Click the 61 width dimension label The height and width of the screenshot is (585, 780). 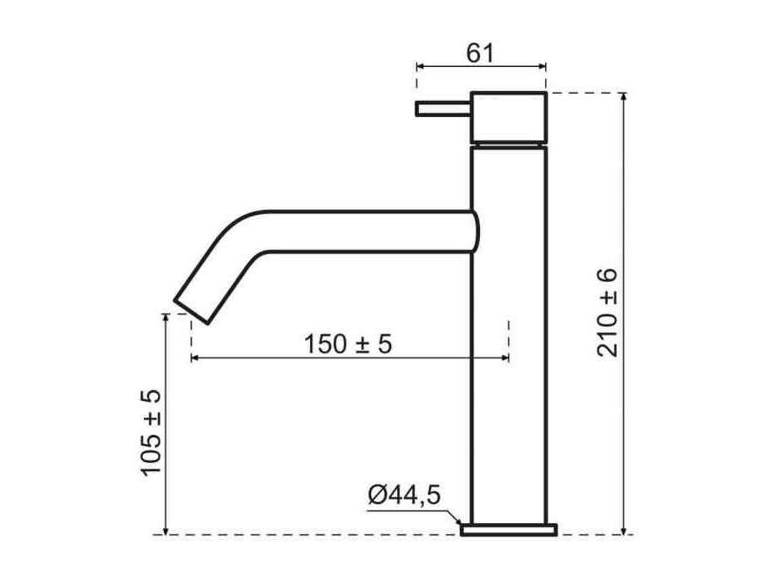[480, 53]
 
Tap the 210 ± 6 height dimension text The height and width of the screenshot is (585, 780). [607, 313]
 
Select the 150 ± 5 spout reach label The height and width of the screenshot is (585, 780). [348, 343]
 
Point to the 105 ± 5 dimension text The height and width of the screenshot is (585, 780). [150, 433]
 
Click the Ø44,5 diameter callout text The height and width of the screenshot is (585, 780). [405, 495]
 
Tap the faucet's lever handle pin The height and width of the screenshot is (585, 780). [443, 109]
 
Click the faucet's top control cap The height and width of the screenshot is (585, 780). [508, 116]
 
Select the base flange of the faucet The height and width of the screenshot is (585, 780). [508, 529]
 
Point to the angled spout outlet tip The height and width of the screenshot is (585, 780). [191, 312]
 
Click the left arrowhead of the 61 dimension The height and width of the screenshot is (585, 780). [420, 66]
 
